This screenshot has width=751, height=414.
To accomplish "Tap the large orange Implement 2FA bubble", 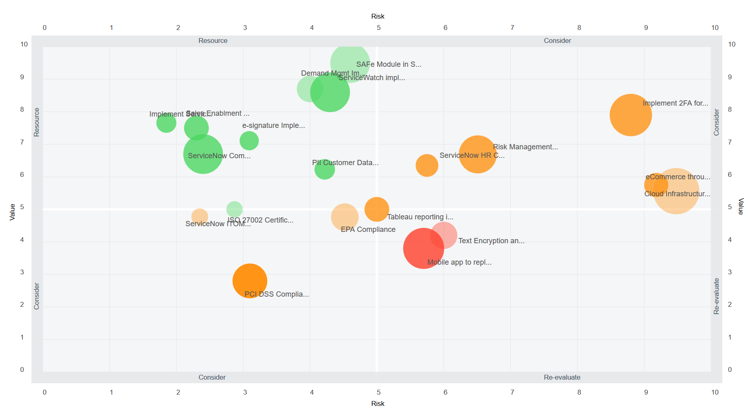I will (x=630, y=115).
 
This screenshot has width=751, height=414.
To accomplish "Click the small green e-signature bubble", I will (x=249, y=141).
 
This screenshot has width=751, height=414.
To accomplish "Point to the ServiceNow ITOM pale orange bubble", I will (x=200, y=217).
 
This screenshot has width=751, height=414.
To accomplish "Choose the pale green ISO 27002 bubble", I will (x=234, y=209).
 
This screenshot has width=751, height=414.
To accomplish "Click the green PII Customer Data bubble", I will (x=325, y=170).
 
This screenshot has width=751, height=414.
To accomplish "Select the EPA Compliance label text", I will (x=368, y=229).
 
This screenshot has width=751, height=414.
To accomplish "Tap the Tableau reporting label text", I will (x=420, y=217).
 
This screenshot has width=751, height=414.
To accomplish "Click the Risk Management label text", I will (x=525, y=147).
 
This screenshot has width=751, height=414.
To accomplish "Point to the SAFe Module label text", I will (x=388, y=64).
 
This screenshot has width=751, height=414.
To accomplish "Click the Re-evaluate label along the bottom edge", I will (x=562, y=377).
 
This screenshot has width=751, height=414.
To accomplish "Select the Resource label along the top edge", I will (x=213, y=40).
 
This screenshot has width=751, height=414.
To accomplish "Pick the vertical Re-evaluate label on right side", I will (x=716, y=296).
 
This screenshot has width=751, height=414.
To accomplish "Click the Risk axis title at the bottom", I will (x=378, y=403).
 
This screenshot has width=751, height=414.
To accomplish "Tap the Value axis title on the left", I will (x=13, y=212).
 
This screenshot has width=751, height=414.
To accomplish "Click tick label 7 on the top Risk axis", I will (x=512, y=28).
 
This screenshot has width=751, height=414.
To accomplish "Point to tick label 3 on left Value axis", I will (x=22, y=272).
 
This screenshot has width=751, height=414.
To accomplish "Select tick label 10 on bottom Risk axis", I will (x=715, y=392).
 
